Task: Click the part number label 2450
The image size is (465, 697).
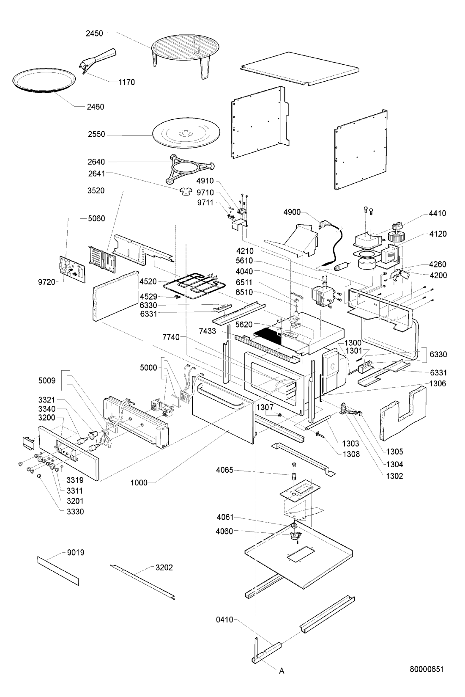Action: tap(94, 33)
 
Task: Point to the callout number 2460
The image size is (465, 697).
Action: tap(96, 107)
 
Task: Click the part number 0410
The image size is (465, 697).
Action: tap(224, 620)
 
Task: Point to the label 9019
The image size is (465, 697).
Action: tap(76, 552)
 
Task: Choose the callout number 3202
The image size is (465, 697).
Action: tap(164, 568)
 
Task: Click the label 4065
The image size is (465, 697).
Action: tap(225, 470)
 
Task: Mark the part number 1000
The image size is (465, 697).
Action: tap(139, 482)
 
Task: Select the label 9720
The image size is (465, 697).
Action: tap(47, 282)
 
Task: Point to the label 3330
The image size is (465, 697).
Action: tap(75, 511)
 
